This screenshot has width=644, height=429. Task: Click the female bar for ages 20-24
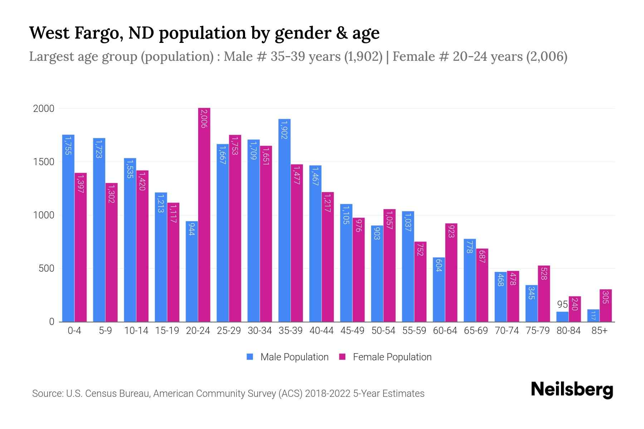204,214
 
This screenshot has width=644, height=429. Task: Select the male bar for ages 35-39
284,220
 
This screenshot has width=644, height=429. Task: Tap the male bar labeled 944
192,272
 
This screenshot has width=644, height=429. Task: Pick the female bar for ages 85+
606,306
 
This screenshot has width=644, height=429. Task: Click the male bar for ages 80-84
562,317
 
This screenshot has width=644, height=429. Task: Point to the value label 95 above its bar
562,305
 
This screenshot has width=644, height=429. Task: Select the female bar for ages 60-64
451,272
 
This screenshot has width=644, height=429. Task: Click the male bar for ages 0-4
68,228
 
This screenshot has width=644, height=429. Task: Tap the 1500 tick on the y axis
44,162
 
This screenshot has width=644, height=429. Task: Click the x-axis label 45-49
352,331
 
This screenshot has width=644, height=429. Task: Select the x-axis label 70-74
507,331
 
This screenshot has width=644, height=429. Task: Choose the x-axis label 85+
599,331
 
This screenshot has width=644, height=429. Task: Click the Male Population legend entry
294,357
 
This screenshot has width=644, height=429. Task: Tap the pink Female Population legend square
342,357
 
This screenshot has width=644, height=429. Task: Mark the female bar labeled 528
544,294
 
